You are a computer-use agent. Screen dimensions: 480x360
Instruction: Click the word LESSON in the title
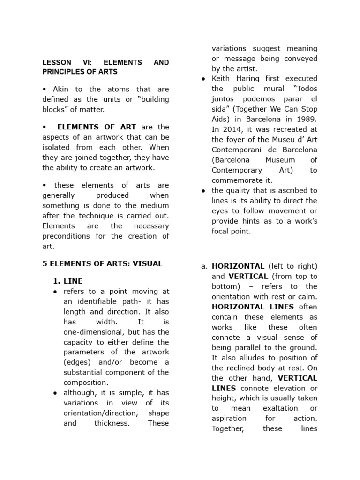point(57,62)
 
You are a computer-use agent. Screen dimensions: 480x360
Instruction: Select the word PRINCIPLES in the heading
point(64,72)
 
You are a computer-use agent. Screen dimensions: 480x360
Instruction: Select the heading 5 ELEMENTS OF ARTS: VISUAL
point(102,263)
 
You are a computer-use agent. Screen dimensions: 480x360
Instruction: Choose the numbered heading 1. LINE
point(67,281)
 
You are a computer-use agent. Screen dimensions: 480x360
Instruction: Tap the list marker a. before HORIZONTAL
point(204,266)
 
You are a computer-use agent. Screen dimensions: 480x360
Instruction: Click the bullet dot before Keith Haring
point(203,79)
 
